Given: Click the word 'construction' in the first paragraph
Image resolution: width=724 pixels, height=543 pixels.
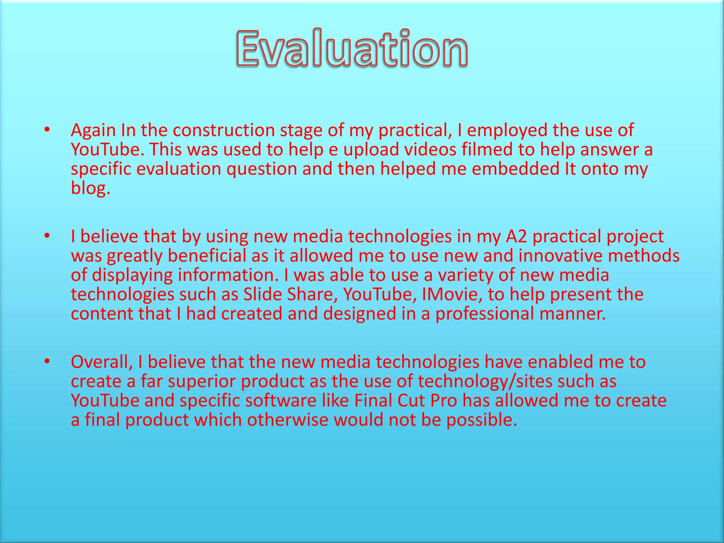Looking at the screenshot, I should [x=223, y=130].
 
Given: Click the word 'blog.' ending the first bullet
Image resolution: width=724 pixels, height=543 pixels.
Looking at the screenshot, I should [x=90, y=188].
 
